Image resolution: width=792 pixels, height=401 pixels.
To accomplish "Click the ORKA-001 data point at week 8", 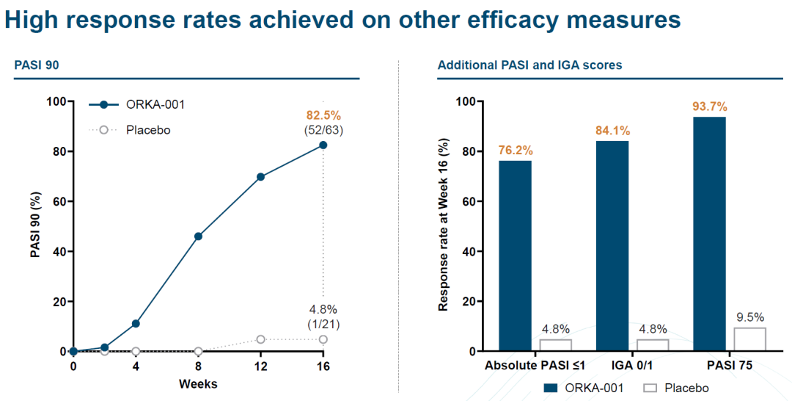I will pos(198,236).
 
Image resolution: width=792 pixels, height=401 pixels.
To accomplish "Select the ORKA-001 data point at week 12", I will pos(260,177).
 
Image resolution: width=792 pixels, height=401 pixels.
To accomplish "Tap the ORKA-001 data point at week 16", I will pos(323,145).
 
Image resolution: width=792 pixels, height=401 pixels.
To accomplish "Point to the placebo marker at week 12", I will pos(260,339).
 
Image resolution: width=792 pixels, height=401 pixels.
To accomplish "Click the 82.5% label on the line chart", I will pos(323,115).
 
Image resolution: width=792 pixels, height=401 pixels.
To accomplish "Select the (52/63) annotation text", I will pos(323,130).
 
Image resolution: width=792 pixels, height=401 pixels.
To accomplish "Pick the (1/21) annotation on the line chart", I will pos(323,324).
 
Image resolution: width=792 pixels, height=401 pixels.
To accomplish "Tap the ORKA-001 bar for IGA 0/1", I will pos(612,245).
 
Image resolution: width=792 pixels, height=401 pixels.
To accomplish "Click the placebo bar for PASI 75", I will pos(749,339).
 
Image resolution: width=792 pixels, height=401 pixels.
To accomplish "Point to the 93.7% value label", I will pos(709,107).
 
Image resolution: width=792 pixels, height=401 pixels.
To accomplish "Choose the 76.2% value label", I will pos(515,151).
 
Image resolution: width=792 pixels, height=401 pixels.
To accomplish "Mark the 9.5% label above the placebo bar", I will pos(749,317).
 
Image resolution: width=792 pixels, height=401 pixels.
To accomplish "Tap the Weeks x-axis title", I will pos(198,384).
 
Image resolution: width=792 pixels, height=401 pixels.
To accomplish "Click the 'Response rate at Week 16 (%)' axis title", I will pos(444,226).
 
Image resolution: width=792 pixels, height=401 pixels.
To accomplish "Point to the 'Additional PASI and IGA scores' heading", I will pos(529,65).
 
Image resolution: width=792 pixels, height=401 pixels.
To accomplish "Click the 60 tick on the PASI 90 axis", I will pos(57,201).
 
